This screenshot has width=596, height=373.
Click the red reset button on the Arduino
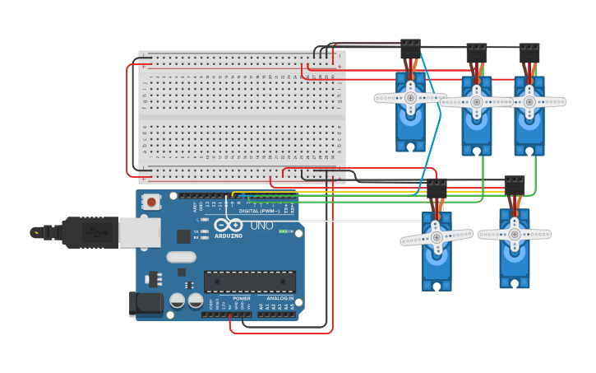[151, 202]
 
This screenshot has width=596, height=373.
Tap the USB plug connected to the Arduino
[99, 232]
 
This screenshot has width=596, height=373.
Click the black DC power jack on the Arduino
[146, 303]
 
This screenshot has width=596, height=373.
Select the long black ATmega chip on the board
[249, 282]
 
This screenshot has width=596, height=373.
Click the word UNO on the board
[261, 226]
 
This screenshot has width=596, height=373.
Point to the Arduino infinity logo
[228, 225]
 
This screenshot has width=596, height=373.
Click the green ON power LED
[284, 231]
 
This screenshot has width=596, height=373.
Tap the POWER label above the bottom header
[241, 298]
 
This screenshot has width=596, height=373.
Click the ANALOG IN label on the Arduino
[280, 298]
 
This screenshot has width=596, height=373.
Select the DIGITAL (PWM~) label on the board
[260, 211]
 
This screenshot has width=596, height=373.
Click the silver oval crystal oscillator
[181, 257]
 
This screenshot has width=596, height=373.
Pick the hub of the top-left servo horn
[410, 97]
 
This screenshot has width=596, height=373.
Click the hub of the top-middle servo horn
[477, 101]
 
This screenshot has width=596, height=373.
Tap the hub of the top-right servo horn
[529, 102]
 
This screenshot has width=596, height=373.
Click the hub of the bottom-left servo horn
[437, 237]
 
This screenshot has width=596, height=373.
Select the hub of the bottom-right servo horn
[515, 234]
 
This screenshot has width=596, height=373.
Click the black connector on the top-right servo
[529, 53]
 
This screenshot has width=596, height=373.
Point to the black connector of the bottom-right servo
[515, 185]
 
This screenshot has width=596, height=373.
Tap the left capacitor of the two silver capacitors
[177, 301]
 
